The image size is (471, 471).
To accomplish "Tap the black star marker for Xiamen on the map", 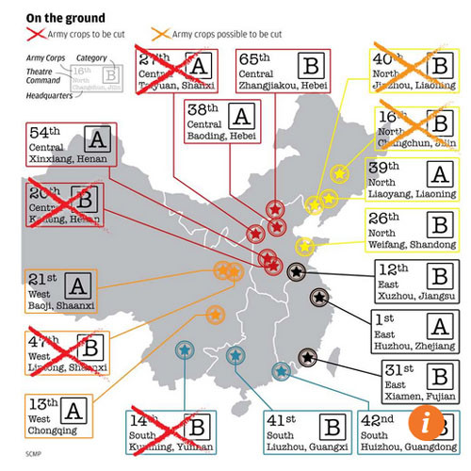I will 307,357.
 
